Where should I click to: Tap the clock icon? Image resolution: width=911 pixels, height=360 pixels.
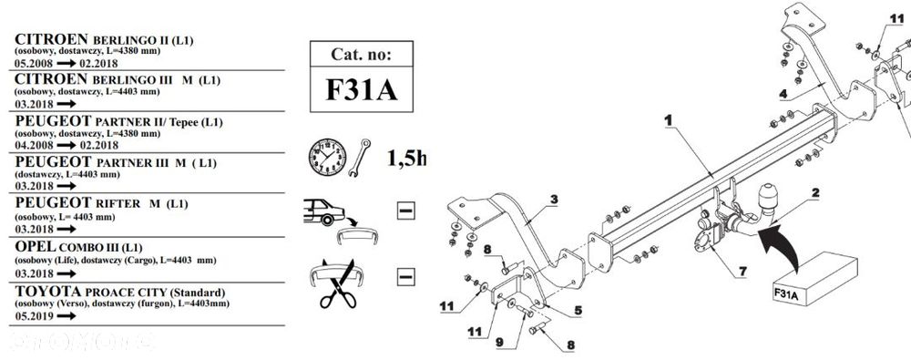(x=326, y=158)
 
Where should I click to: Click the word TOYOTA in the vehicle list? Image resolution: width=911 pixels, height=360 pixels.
(x=48, y=292)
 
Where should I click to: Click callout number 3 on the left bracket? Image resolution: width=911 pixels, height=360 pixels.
(x=553, y=199)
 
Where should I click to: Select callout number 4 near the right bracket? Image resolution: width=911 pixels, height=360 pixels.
(x=782, y=92)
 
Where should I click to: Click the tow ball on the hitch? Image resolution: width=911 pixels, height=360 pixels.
(x=763, y=198)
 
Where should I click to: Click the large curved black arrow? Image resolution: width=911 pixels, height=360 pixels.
(x=782, y=246)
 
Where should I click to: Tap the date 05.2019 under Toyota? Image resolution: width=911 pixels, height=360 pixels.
(x=33, y=319)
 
